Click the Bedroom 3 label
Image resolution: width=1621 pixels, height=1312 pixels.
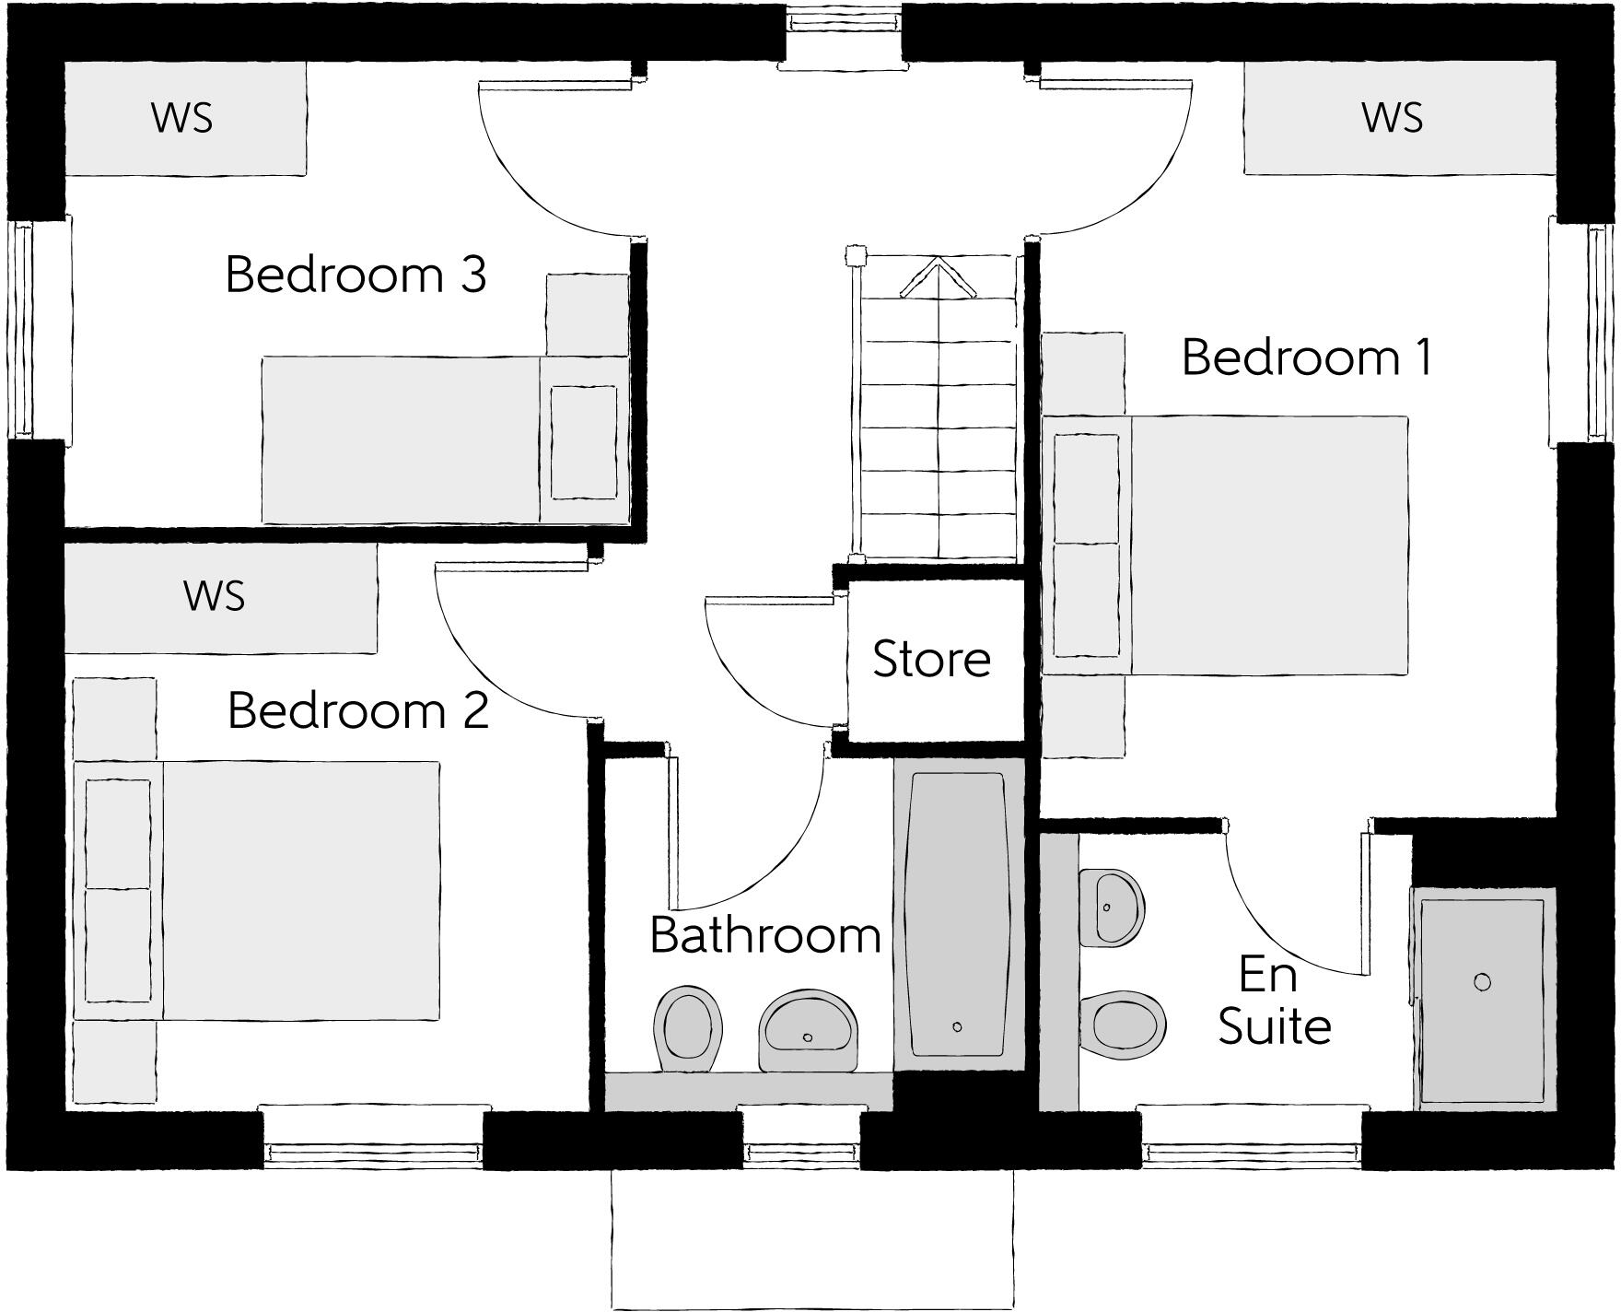click(x=356, y=275)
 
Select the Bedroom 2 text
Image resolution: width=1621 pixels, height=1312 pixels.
click(x=357, y=710)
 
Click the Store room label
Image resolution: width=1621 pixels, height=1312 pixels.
click(x=931, y=659)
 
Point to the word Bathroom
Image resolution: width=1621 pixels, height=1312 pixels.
click(x=765, y=935)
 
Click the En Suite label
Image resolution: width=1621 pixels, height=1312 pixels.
click(x=1274, y=1001)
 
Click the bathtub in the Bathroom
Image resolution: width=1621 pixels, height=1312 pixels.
click(x=958, y=912)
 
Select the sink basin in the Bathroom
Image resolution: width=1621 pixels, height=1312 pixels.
click(x=808, y=1030)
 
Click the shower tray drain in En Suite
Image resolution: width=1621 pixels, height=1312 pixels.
click(x=1482, y=982)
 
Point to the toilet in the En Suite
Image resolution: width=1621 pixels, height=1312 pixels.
click(x=1123, y=1025)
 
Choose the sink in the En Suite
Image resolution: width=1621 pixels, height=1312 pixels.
click(x=1112, y=907)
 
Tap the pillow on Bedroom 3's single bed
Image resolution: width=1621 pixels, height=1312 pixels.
click(x=583, y=442)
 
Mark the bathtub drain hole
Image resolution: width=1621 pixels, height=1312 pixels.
click(x=958, y=1026)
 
